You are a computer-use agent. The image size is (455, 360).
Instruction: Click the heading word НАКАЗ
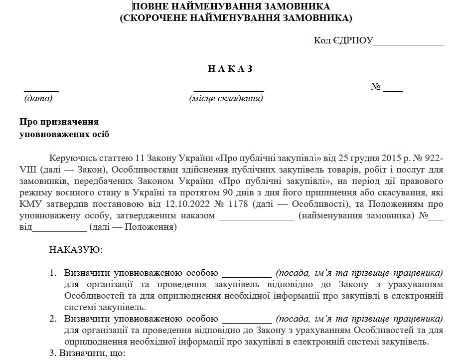pos(230,69)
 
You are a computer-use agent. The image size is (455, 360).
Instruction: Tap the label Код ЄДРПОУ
pos(343,40)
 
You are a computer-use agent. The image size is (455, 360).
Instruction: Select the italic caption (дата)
pos(38,98)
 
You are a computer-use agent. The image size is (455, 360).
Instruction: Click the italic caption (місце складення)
pos(226,98)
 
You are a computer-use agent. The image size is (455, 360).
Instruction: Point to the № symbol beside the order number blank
pos(376,87)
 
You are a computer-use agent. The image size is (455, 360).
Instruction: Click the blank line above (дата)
pos(41,90)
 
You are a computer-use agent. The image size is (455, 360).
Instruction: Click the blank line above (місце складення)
pos(228,90)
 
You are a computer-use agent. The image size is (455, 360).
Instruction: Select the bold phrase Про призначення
pos(59,122)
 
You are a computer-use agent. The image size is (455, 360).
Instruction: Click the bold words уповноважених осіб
pos(64,134)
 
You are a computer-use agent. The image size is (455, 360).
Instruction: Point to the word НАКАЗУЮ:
pos(76,249)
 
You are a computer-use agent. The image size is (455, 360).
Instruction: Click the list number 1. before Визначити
pos(53,273)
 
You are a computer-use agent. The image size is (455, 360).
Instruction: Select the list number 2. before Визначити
pos(53,319)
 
